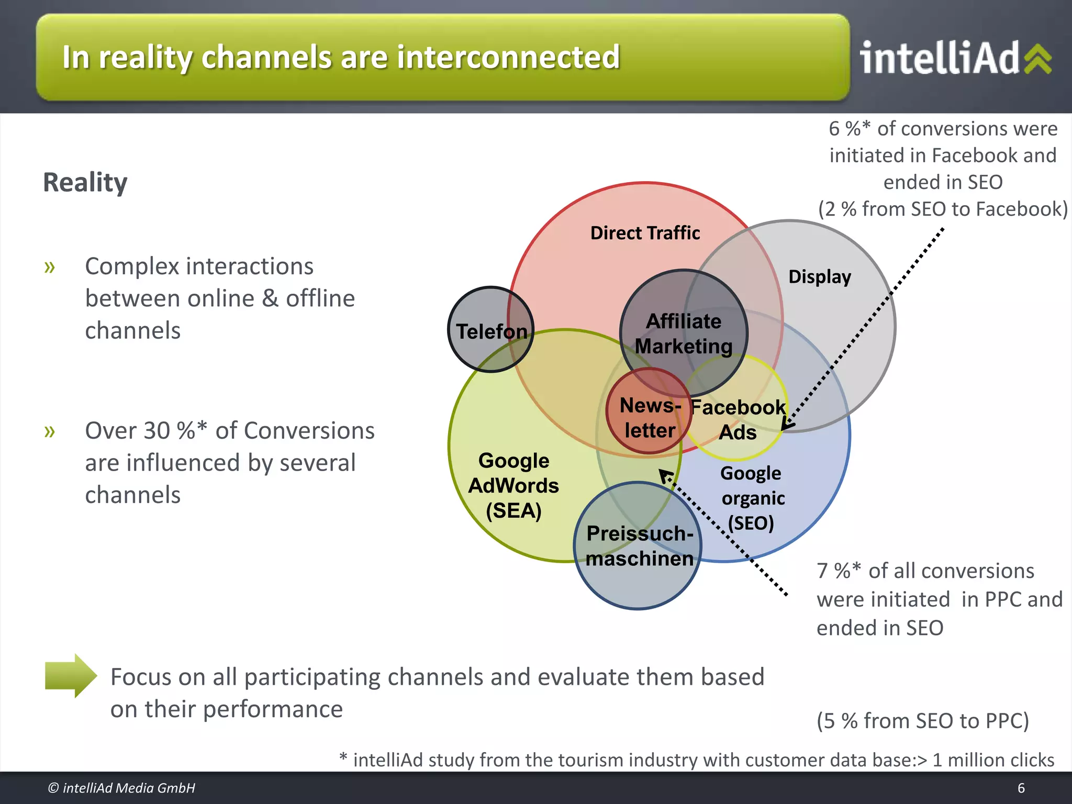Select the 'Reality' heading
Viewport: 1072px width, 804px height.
click(85, 182)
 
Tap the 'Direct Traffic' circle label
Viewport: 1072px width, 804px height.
click(645, 233)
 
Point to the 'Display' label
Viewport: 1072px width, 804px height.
click(819, 276)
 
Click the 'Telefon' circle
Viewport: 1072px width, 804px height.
click(490, 330)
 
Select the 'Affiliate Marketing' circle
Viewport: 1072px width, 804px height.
click(683, 333)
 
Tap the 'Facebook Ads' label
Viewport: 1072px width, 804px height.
click(738, 419)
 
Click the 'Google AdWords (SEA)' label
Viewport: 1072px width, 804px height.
click(513, 485)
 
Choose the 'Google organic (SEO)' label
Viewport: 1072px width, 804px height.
click(752, 498)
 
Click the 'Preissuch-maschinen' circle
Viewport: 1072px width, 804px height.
click(639, 546)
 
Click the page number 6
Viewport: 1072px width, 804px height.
click(1021, 788)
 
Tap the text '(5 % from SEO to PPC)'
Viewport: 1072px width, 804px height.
click(922, 721)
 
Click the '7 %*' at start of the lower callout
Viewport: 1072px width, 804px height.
click(838, 571)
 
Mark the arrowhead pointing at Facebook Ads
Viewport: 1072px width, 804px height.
click(786, 425)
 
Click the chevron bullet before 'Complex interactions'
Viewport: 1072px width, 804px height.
click(50, 267)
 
